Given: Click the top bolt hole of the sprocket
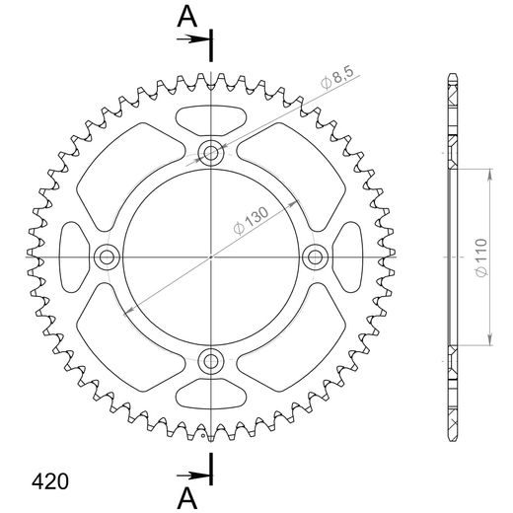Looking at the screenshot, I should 210,152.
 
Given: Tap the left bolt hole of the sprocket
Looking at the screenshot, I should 106,257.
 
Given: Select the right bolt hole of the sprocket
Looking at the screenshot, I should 316,257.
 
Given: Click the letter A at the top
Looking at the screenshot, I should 187,17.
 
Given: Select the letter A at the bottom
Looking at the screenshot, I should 187,494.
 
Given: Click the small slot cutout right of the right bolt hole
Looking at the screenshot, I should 349,257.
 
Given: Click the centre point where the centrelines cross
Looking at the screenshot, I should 210,257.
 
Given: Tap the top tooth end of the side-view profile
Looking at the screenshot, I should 452,79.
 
